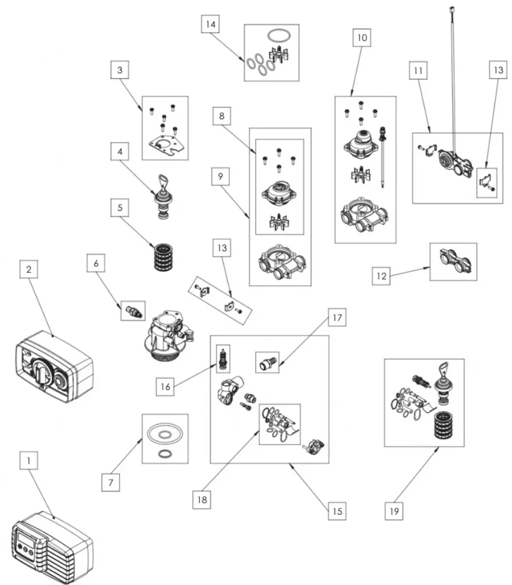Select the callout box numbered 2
coord(28,269)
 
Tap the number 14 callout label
coord(210,26)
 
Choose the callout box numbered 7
coord(110,482)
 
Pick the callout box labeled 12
coord(381,277)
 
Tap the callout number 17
coord(337,318)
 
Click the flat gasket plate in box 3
coord(165,143)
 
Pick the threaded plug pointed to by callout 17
coord(267,362)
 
